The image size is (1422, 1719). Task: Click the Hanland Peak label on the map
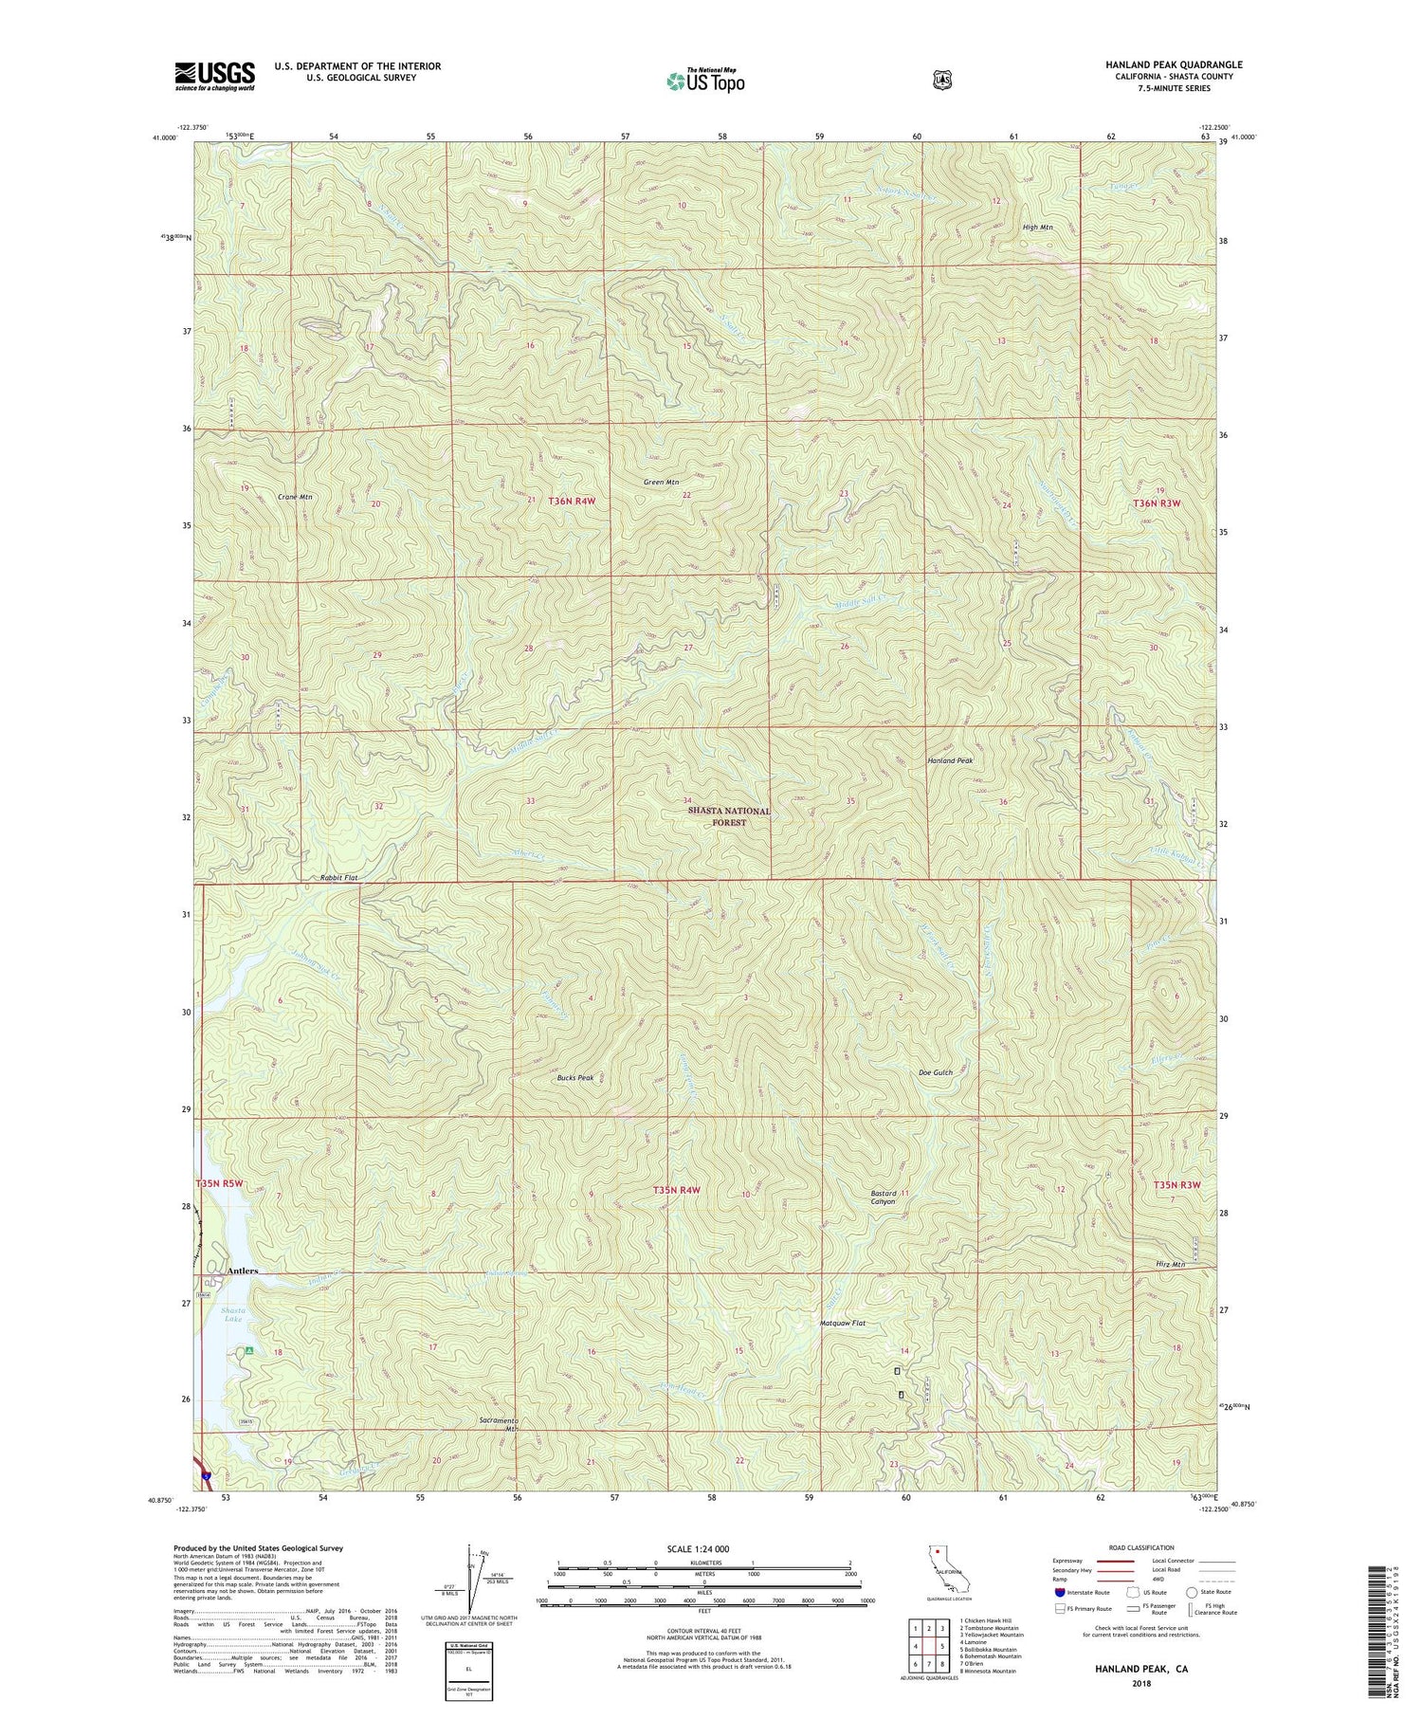point(950,760)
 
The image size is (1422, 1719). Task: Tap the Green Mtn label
point(661,482)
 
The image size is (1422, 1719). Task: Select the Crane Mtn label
point(295,497)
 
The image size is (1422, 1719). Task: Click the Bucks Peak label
point(575,1078)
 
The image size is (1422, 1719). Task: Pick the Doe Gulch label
point(936,1072)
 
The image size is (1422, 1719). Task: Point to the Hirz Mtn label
point(1171,1264)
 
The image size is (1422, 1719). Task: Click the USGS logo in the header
point(214,75)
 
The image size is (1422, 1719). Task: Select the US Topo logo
point(705,81)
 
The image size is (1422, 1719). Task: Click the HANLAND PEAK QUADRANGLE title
point(1174,64)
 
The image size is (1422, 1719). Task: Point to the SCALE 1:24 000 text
point(702,1548)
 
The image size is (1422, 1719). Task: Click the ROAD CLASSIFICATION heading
point(1138,1547)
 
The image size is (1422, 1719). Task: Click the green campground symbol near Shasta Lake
point(248,1350)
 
